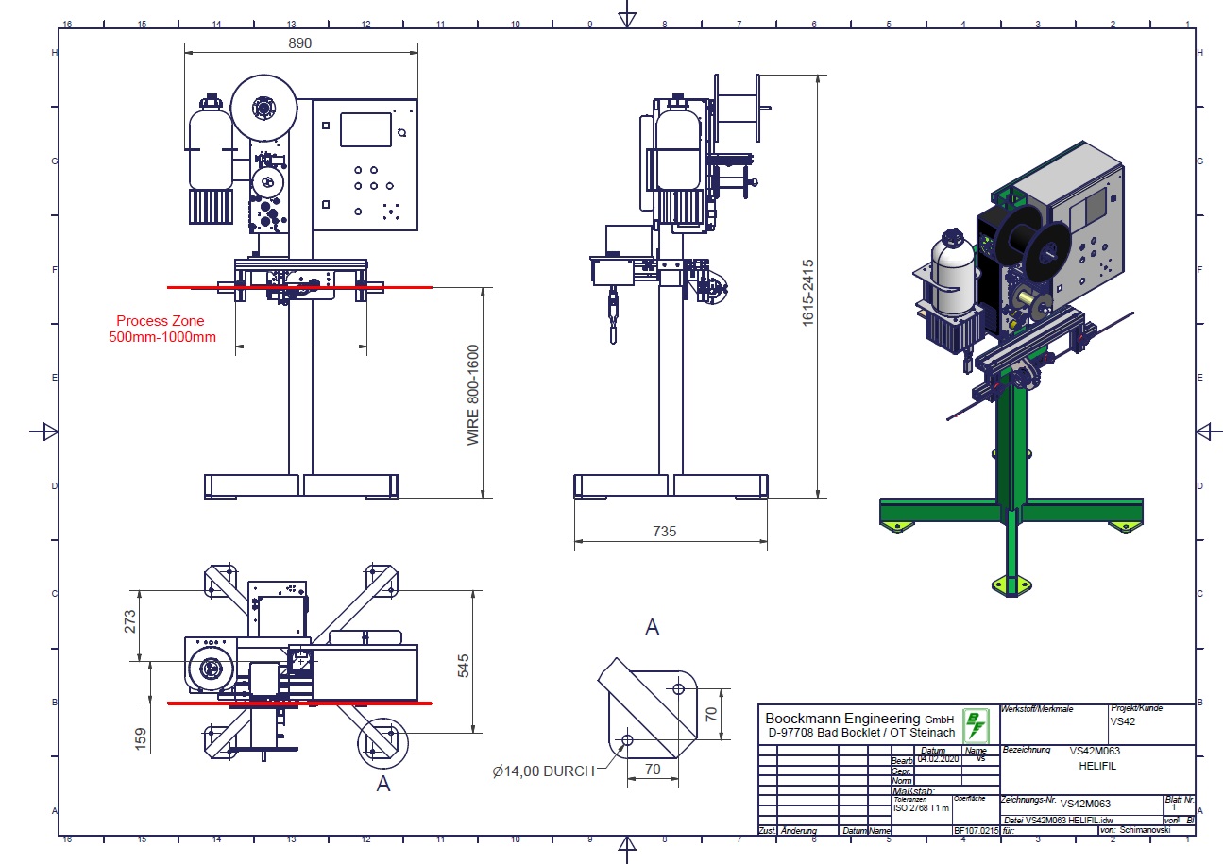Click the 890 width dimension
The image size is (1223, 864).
pyautogui.click(x=300, y=42)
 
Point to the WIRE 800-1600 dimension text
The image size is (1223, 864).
pyautogui.click(x=473, y=394)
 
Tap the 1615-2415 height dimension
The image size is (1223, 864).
pyautogui.click(x=808, y=285)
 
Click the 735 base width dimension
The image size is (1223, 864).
pyautogui.click(x=664, y=532)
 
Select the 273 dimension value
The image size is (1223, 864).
pyautogui.click(x=130, y=620)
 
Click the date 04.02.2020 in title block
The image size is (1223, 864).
pyautogui.click(x=937, y=759)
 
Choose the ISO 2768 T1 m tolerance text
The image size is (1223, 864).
pyautogui.click(x=922, y=808)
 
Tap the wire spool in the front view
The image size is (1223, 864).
pyautogui.click(x=262, y=109)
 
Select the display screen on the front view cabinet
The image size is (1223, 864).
pyautogui.click(x=365, y=129)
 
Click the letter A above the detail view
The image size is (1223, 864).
pyautogui.click(x=652, y=627)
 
